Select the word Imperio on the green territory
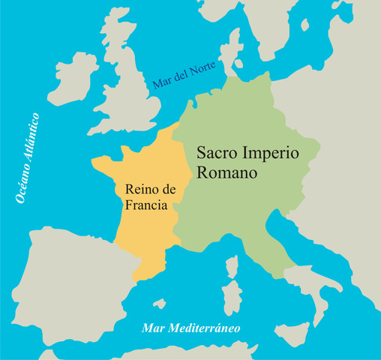(x=271, y=152)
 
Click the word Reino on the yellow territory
(x=134, y=190)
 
